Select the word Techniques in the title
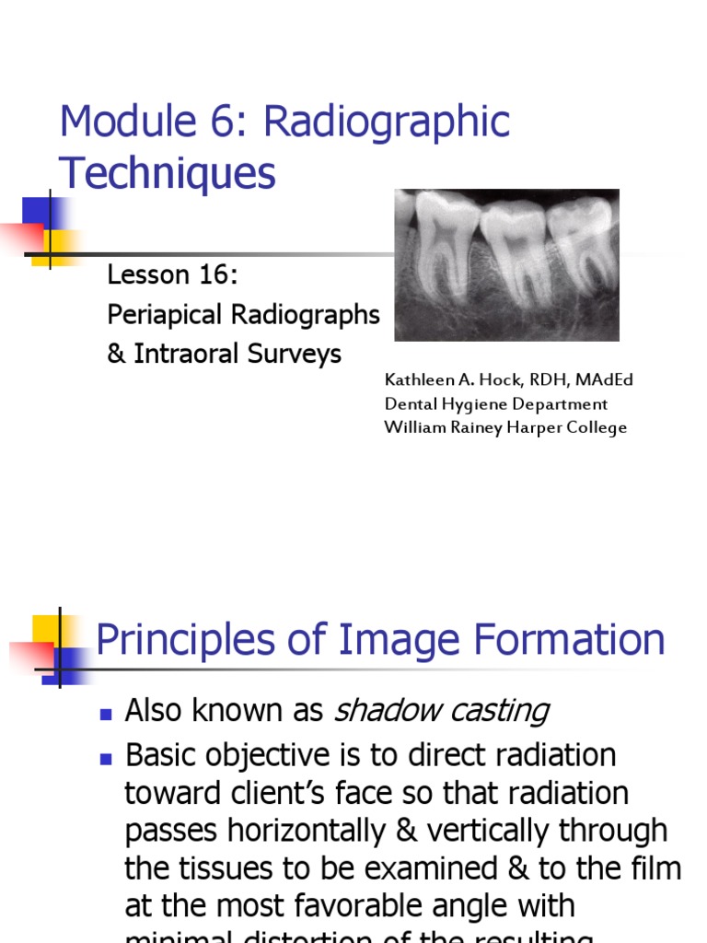tap(167, 172)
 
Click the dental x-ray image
tap(506, 264)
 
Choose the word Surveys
tap(296, 355)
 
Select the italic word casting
tap(504, 710)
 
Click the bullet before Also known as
tap(106, 713)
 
